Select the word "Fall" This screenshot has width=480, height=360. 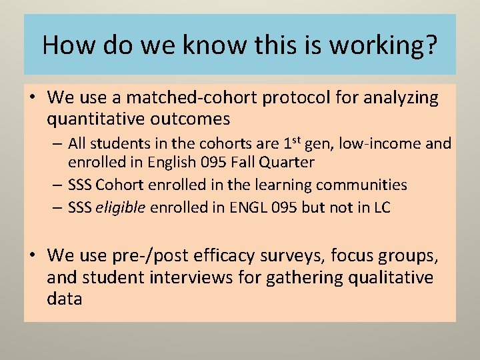(x=250, y=161)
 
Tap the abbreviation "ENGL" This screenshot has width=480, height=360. (x=248, y=207)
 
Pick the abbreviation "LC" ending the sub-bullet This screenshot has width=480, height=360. (x=381, y=207)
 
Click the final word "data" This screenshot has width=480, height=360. (x=65, y=299)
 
